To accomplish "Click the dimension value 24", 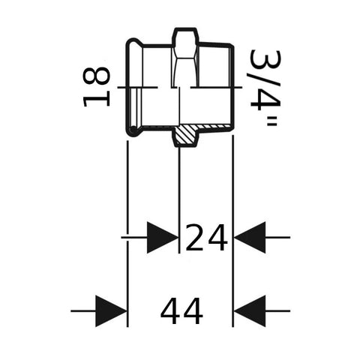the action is pos(206,238).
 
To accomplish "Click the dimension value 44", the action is pos(181,310).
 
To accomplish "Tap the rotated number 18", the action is pos(96,87).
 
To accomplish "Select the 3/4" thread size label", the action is pos(265,88).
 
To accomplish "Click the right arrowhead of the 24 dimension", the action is pos(250,237).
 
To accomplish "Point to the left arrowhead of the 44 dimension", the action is pos(111,311).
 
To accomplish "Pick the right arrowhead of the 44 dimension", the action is pos(250,311).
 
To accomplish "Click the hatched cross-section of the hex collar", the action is pos(185,135).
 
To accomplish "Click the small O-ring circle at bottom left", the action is pos(133,130).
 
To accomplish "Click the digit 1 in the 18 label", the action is pos(96,100).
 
